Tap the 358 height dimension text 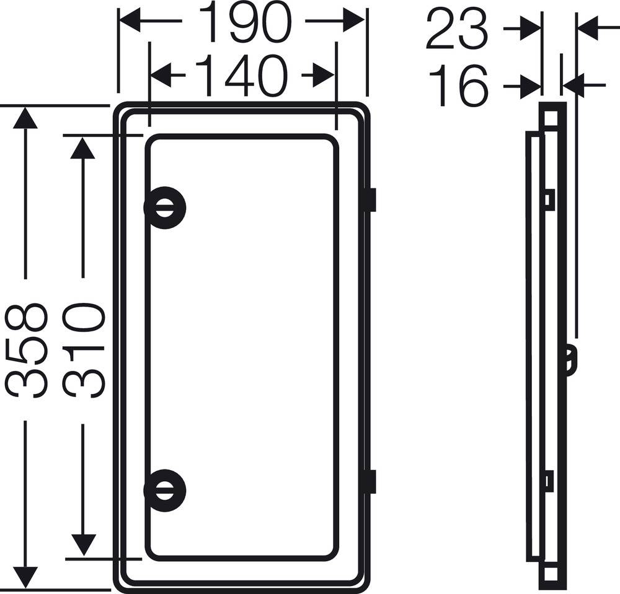pyautogui.click(x=27, y=350)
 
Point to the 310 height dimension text pyautogui.click(x=84, y=350)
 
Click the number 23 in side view pyautogui.click(x=458, y=30)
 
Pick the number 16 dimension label pyautogui.click(x=459, y=86)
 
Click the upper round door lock pyautogui.click(x=164, y=207)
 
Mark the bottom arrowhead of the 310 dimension pyautogui.click(x=83, y=545)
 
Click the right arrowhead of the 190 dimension pyautogui.click(x=354, y=21)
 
